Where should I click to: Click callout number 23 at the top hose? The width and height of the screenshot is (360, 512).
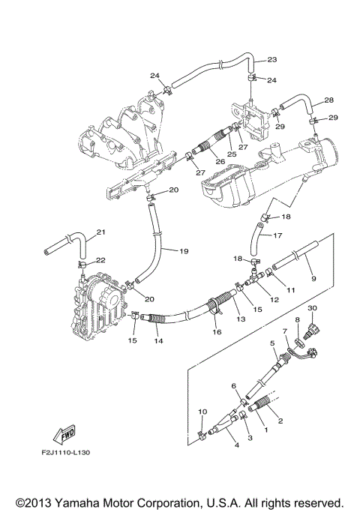coord(271,59)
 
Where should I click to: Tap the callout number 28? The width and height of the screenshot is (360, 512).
coord(328,100)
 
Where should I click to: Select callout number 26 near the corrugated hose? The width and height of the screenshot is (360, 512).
coord(198,161)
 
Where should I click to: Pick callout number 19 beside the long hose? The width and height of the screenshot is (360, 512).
coord(183,252)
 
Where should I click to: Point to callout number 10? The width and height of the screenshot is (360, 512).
coord(201,412)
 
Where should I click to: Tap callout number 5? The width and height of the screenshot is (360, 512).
coord(273,343)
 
